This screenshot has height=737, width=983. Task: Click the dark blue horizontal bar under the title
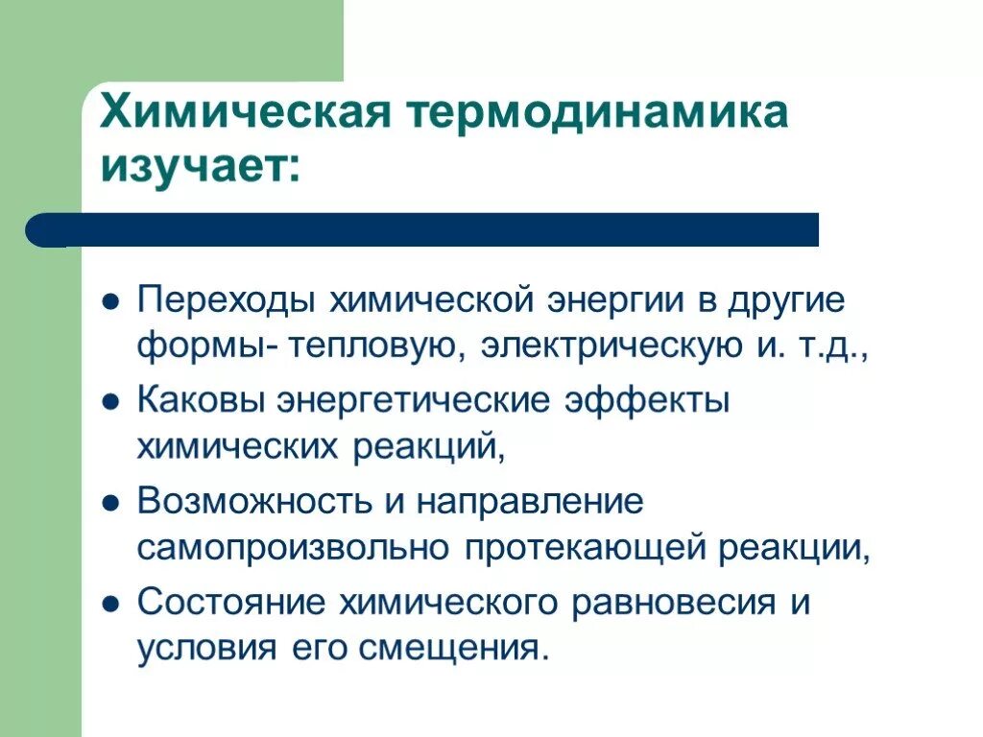pyautogui.click(x=422, y=230)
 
